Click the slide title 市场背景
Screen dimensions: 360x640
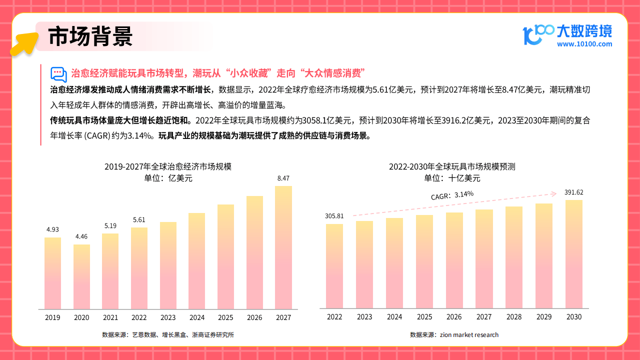click(x=90, y=36)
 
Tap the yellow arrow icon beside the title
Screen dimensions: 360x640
click(x=24, y=43)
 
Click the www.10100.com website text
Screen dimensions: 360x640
click(x=584, y=44)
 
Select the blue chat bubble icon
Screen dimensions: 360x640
click(x=58, y=74)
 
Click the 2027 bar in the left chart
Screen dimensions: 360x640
click(x=283, y=247)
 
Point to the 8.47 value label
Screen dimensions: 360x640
click(x=283, y=178)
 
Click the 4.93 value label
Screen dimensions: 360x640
click(x=52, y=229)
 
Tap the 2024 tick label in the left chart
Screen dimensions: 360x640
click(x=197, y=317)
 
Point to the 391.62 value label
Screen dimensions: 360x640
click(x=573, y=192)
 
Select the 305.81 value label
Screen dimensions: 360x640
click(x=334, y=216)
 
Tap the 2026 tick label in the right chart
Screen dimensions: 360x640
click(x=454, y=317)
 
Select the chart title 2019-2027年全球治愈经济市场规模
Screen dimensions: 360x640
click(x=168, y=166)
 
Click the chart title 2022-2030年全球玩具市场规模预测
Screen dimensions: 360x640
click(x=452, y=166)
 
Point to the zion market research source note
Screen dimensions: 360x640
click(x=454, y=334)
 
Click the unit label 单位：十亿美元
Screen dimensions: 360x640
click(x=452, y=178)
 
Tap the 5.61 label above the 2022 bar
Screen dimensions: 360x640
click(x=139, y=219)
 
